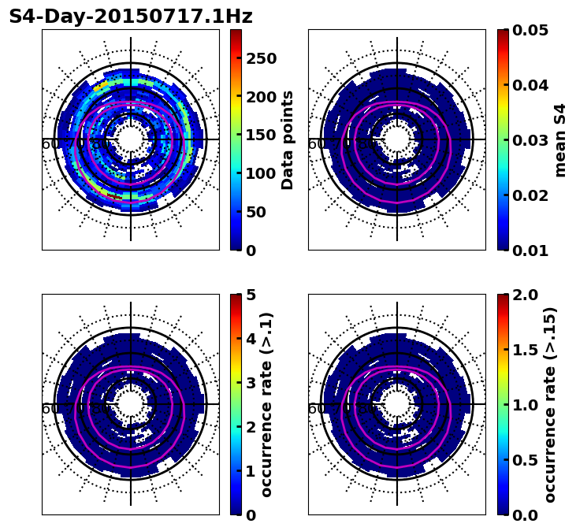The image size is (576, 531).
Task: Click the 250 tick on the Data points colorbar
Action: coord(261,58)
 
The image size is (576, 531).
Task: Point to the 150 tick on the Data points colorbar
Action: coord(261,135)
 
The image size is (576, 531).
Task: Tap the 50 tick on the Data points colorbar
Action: coord(261,212)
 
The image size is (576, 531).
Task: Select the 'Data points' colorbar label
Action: coord(288,139)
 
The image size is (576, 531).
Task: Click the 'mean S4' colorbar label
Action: coord(560,139)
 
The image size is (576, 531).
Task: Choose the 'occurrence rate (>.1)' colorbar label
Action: coord(267,404)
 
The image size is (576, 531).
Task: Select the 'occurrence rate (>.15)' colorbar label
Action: coord(549,404)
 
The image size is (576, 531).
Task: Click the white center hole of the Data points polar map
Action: coord(131,139)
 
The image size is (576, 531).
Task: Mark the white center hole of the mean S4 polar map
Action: coord(397,139)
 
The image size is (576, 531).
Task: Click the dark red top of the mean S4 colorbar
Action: coord(503,32)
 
